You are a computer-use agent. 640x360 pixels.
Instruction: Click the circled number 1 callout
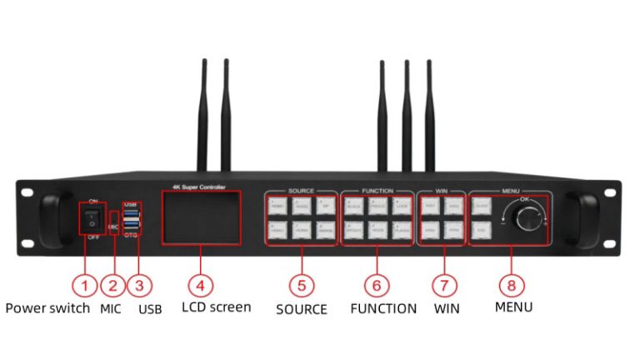click(x=83, y=284)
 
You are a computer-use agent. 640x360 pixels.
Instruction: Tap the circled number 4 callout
click(x=200, y=284)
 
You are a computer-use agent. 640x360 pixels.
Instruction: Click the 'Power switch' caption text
click(x=47, y=307)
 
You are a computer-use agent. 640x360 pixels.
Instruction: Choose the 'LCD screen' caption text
click(x=216, y=307)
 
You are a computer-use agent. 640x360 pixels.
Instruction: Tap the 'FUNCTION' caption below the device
click(x=383, y=308)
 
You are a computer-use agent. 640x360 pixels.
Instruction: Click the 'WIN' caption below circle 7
click(x=447, y=308)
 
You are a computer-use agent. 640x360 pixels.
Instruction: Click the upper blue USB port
click(x=131, y=213)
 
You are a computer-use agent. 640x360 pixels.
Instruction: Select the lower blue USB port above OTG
click(x=131, y=226)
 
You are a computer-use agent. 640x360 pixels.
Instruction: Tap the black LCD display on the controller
click(x=201, y=217)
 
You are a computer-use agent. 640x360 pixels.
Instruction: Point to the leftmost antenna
click(x=203, y=117)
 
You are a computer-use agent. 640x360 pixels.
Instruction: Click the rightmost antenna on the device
click(x=430, y=117)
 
